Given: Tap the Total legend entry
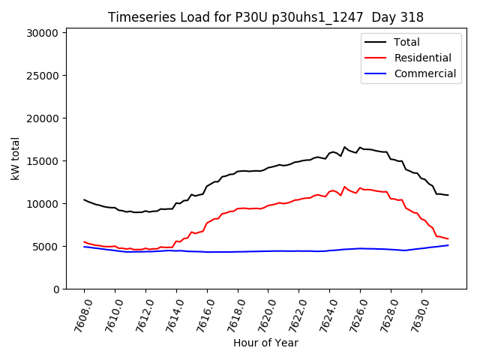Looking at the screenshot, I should click(406, 42).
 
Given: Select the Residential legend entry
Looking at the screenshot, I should click(422, 58).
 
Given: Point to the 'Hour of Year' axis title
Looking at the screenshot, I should click(265, 343).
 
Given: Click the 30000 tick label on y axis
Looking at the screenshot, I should click(42, 33).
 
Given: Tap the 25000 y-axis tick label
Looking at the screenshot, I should click(42, 76).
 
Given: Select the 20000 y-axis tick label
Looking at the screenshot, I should click(42, 118).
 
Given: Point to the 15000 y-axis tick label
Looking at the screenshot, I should click(42, 161).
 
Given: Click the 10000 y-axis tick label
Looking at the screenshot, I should click(42, 204).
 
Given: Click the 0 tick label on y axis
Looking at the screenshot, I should click(56, 289).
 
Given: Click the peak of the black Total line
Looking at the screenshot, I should click(345, 147).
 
